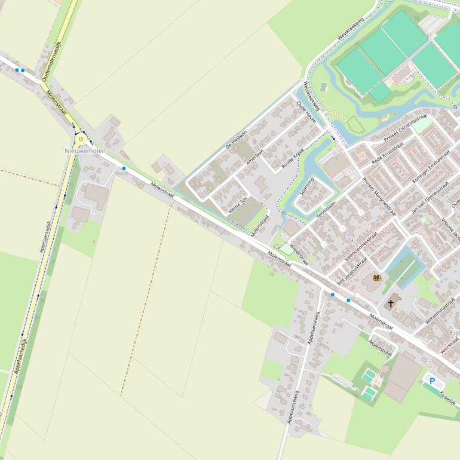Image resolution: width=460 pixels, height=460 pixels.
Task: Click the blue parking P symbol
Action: click(432, 381)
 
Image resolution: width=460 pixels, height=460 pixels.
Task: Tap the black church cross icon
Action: click(391, 303)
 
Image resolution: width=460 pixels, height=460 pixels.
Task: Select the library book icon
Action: click(376, 278)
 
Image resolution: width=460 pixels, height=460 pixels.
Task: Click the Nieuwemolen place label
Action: click(85, 151)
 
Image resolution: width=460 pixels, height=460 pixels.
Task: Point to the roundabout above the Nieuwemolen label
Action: click(81, 140)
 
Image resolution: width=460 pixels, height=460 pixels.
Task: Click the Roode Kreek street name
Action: click(293, 157)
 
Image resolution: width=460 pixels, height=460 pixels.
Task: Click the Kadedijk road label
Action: click(447, 398)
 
